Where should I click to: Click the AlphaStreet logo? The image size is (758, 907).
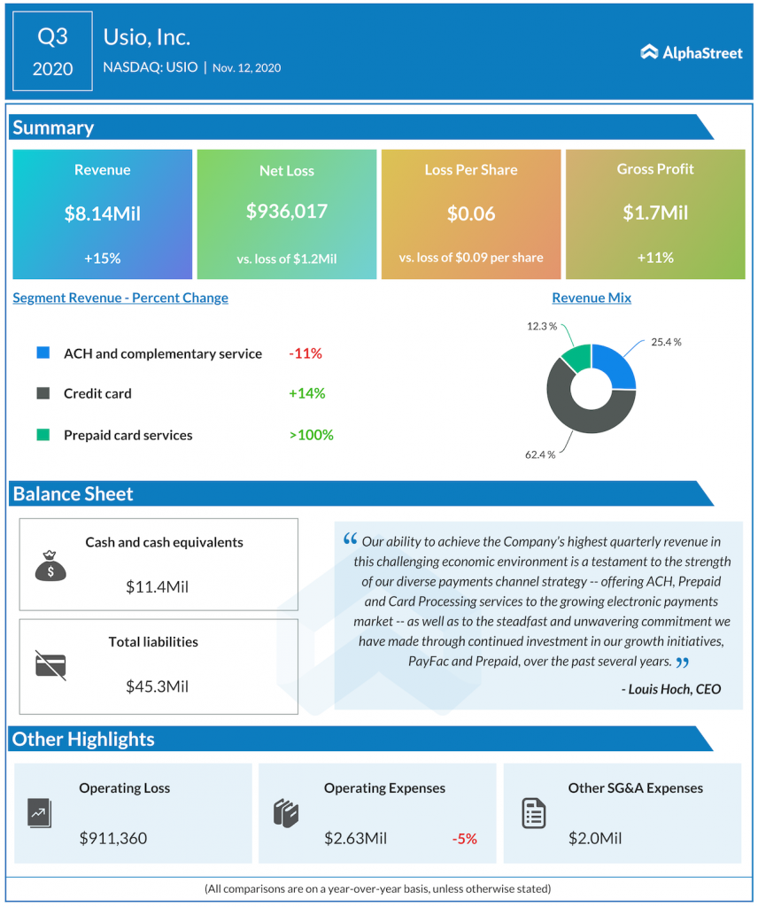click(692, 52)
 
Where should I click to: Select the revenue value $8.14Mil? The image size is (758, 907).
click(102, 213)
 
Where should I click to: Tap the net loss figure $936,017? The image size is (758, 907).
click(287, 211)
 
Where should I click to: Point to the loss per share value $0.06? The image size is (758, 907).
click(471, 213)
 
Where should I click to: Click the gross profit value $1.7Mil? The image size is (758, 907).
click(655, 213)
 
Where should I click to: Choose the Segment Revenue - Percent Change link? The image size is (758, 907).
click(120, 298)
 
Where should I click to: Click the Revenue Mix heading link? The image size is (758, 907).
click(592, 298)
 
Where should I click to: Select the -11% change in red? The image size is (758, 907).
click(306, 353)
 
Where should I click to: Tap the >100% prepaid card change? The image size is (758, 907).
click(311, 435)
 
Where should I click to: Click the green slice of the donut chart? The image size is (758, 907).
click(576, 358)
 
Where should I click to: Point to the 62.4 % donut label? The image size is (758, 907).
click(539, 454)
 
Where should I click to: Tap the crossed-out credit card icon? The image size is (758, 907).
click(50, 663)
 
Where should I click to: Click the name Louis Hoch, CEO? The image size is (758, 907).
click(670, 688)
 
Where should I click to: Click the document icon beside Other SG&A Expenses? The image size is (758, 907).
click(534, 812)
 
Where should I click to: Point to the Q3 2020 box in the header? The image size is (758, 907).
click(52, 51)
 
